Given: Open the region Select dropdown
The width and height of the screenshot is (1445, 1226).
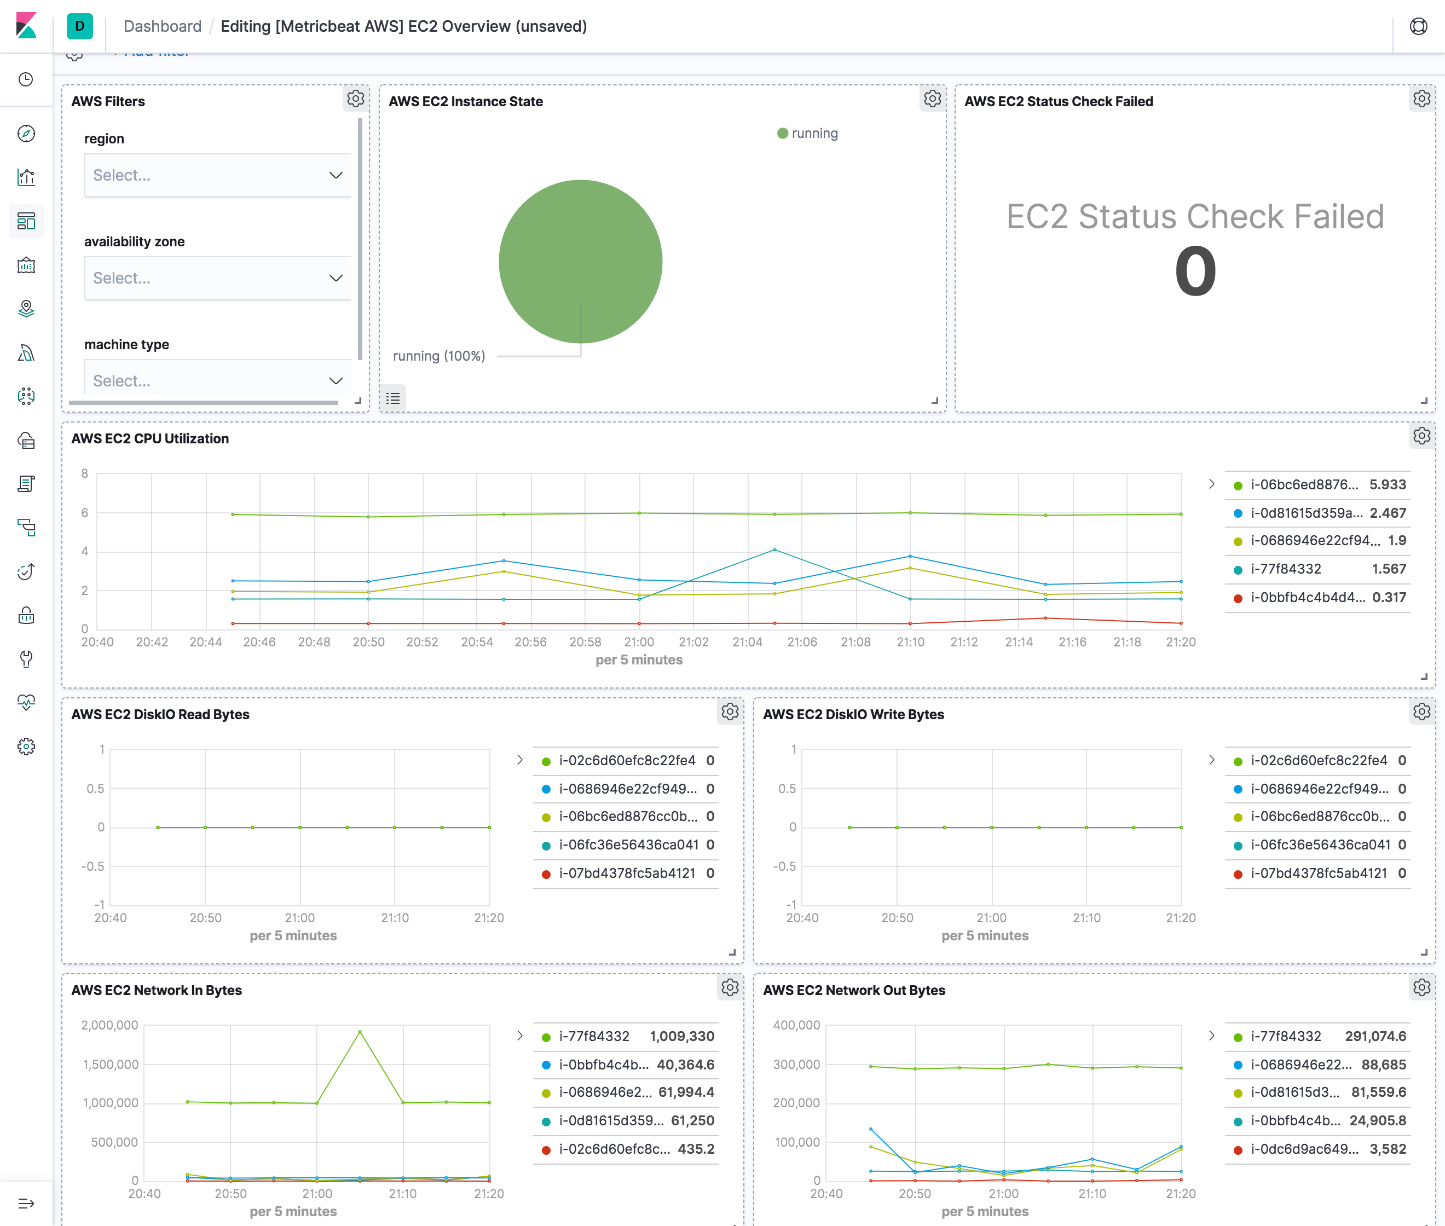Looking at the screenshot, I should tap(217, 175).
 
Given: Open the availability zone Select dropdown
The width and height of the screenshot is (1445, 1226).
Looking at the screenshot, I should tap(217, 278).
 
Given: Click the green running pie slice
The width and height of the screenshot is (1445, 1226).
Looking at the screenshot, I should tap(580, 261).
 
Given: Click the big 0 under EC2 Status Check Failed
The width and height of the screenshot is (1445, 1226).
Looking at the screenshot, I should tap(1195, 272).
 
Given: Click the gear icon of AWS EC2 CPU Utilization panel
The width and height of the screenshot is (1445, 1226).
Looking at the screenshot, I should tap(1421, 436).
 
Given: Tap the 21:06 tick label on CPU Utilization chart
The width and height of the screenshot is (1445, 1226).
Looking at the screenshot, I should tap(801, 642).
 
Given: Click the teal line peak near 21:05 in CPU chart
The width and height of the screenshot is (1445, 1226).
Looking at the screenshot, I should tap(774, 550).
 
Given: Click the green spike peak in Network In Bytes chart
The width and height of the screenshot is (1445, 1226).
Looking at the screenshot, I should tap(360, 1032).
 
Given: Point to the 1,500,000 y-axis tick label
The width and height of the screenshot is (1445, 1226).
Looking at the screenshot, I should tap(111, 1064).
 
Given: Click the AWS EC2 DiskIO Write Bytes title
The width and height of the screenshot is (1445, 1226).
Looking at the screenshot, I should tap(853, 714).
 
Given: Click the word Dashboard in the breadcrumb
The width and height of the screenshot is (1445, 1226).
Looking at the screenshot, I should tap(162, 26).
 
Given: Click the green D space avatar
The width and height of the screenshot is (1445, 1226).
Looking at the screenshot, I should tap(79, 26).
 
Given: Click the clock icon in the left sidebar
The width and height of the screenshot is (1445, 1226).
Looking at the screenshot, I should tap(26, 79).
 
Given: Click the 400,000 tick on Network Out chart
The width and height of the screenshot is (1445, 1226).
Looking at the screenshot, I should tap(796, 1025).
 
